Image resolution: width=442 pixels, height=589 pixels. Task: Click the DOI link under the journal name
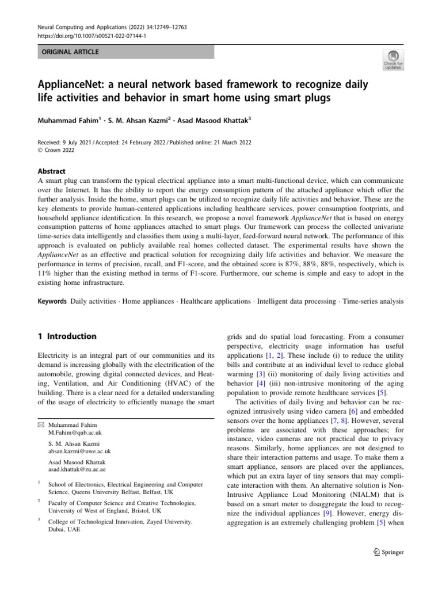[x=85, y=36]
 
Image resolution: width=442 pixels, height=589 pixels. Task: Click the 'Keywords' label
[x=49, y=301]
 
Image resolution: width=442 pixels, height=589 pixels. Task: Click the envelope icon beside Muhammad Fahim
[x=39, y=423]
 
